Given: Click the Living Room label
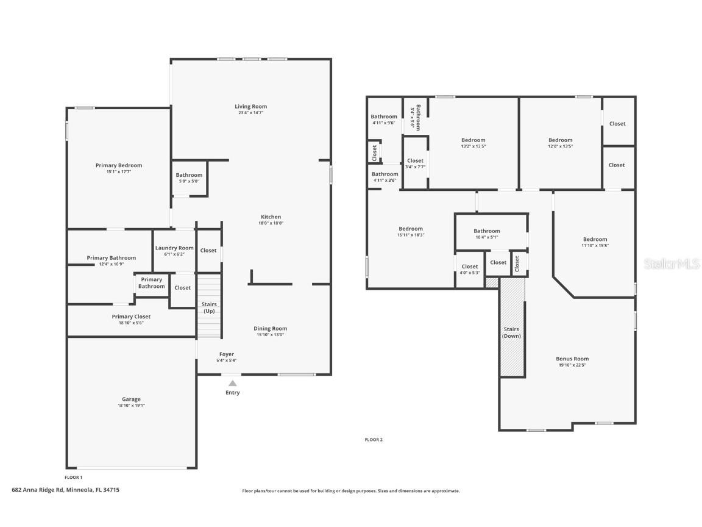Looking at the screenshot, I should pyautogui.click(x=250, y=107).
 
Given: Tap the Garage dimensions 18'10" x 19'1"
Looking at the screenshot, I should pyautogui.click(x=131, y=406).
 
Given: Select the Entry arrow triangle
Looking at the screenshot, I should pyautogui.click(x=232, y=384).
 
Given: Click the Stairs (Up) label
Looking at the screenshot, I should pyautogui.click(x=209, y=307).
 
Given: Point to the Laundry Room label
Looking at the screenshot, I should pyautogui.click(x=174, y=248).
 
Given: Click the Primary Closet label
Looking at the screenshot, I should pyautogui.click(x=131, y=317).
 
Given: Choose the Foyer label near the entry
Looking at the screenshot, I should pyautogui.click(x=226, y=354).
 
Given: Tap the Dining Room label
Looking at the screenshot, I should pyautogui.click(x=270, y=328).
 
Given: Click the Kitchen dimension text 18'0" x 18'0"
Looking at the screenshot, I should pyautogui.click(x=271, y=223).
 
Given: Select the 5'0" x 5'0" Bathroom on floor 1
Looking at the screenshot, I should pyautogui.click(x=189, y=177).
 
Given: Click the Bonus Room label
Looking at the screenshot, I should pyautogui.click(x=572, y=359).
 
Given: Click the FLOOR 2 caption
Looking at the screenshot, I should pyautogui.click(x=374, y=439).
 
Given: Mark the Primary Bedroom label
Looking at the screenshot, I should pyautogui.click(x=118, y=165).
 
